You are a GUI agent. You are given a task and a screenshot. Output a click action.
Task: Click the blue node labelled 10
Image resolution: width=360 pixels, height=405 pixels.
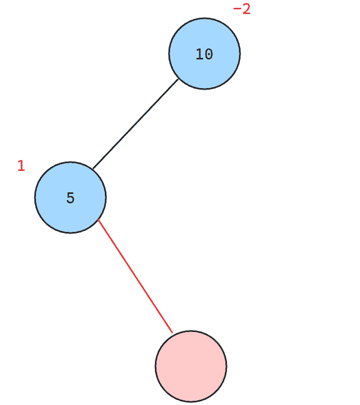coord(205,54)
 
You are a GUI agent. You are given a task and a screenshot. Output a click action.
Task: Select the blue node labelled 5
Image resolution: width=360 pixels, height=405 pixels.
coord(70,198)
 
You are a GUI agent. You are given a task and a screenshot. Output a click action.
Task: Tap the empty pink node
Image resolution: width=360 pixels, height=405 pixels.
coord(191,366)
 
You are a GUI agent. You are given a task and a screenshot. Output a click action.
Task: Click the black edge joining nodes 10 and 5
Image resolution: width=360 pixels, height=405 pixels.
coord(136,124)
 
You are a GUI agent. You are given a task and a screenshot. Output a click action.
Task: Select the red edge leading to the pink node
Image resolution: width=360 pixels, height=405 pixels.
coord(135,276)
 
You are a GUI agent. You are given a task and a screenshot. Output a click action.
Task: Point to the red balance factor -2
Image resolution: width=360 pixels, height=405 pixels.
coord(242,9)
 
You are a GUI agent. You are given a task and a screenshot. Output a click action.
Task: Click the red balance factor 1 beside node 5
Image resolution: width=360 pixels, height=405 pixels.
coord(21,166)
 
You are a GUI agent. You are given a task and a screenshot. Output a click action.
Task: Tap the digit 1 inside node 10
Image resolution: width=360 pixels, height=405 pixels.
coord(200,54)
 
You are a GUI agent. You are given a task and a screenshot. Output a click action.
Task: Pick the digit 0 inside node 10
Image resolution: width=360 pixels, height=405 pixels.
coord(209,54)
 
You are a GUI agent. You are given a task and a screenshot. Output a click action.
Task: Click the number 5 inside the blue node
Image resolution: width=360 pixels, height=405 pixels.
coord(70,198)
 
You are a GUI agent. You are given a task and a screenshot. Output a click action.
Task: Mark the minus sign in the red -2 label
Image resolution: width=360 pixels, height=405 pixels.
coord(237,9)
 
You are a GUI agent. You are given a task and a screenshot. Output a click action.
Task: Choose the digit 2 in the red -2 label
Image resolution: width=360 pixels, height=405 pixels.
coord(246,9)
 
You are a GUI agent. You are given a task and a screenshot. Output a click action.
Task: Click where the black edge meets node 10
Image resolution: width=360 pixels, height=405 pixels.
coord(178,79)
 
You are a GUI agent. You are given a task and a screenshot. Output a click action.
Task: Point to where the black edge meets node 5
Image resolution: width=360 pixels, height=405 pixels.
coord(93,169)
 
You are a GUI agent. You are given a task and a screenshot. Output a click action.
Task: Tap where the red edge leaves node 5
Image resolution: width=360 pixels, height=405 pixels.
coord(98,219)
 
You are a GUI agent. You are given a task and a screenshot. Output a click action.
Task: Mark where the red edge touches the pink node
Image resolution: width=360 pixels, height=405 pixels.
coord(173,333)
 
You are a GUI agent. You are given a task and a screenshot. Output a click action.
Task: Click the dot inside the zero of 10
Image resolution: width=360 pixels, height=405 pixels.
coord(209,55)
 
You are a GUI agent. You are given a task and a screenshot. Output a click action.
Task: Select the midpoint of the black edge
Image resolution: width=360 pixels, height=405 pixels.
coord(136,124)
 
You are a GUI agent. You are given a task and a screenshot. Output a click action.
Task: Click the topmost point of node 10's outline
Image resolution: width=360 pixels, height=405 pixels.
coord(205,18)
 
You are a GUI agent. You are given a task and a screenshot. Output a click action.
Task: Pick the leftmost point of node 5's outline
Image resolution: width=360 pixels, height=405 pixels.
coord(34,198)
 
